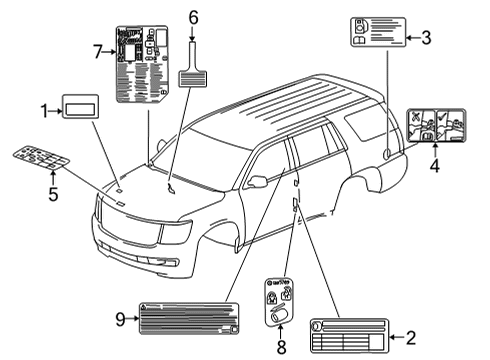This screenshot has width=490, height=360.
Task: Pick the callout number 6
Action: [x=194, y=17]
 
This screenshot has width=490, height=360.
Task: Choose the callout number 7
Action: [x=97, y=50]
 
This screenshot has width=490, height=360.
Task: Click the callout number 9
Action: [x=120, y=319]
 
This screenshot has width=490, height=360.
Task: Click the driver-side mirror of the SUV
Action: [x=258, y=182]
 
